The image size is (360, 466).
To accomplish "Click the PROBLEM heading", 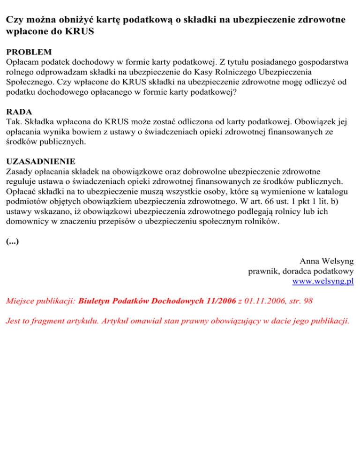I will click(x=29, y=52).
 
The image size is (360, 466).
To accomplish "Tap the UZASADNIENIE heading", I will click(x=41, y=162).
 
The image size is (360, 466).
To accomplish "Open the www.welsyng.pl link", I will click(x=322, y=281).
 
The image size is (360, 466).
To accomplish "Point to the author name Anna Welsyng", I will click(x=327, y=261).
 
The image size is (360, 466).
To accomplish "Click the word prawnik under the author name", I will click(x=263, y=271).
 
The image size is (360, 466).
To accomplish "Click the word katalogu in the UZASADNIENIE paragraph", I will click(x=335, y=192).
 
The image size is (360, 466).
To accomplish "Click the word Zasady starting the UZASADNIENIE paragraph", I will click(x=20, y=172).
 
